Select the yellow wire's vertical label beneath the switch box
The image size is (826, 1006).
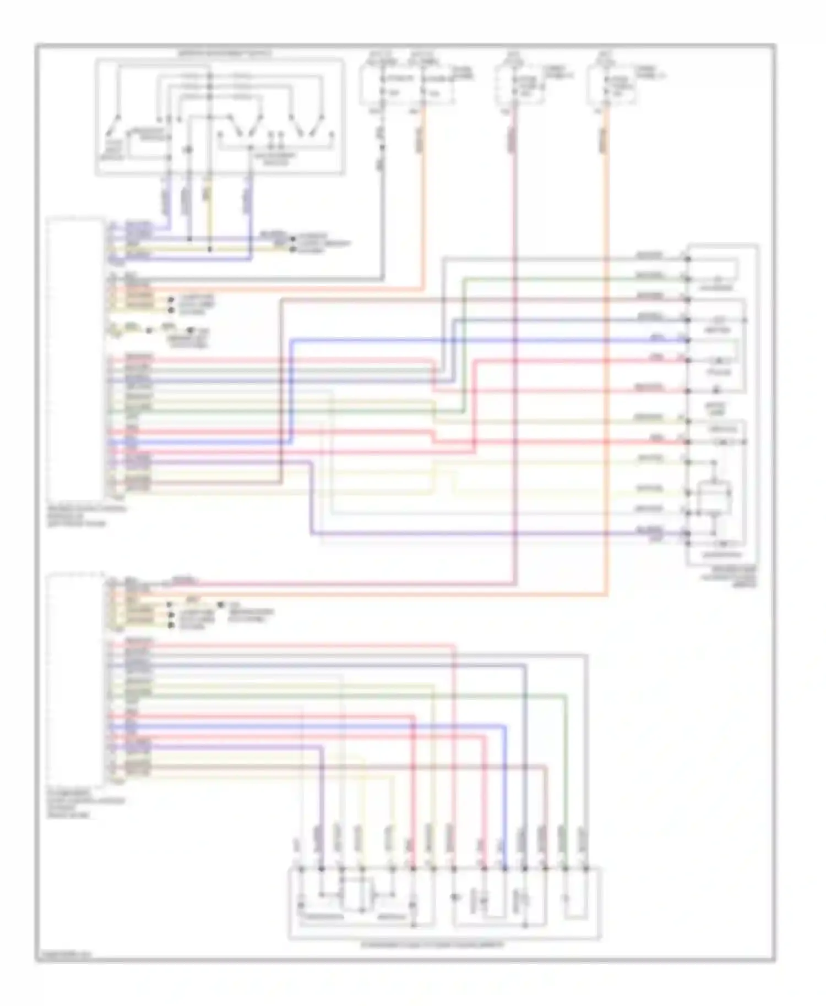pyautogui.click(x=207, y=192)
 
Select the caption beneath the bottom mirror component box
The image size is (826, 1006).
pyautogui.click(x=432, y=944)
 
